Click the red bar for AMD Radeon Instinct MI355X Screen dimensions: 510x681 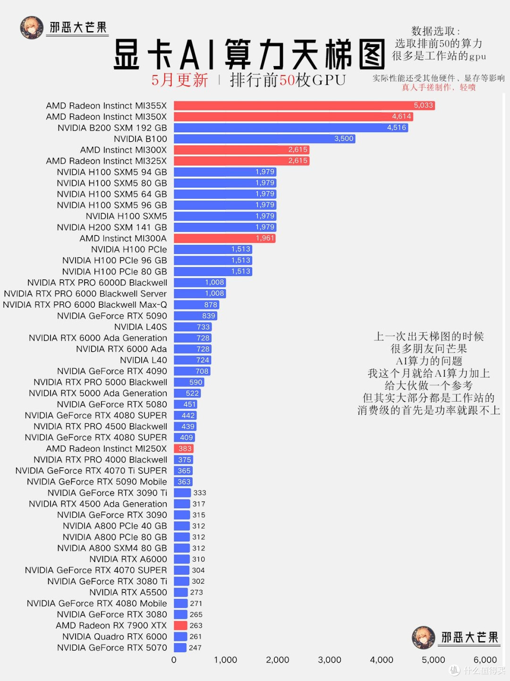tap(304, 106)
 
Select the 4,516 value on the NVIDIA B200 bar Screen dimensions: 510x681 tap(396, 127)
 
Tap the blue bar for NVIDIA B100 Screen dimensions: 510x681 tap(264, 139)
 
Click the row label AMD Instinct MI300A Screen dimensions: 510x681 tap(123, 238)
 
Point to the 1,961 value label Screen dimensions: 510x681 tap(265, 238)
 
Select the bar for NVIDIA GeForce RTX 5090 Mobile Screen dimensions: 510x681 tap(183, 481)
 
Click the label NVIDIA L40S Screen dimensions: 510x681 tap(141, 327)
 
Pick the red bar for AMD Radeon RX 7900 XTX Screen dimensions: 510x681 tap(181, 625)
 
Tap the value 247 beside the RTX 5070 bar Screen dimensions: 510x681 tap(195, 648)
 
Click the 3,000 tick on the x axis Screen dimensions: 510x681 tap(329, 660)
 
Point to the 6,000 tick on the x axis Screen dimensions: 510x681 tap(485, 660)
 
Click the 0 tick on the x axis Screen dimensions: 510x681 tap(174, 660)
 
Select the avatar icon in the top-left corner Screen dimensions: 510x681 tap(32, 28)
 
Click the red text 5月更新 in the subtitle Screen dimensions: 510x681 tap(179, 80)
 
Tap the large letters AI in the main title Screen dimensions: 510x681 tap(198, 54)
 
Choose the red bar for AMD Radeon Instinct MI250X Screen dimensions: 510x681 tap(184, 448)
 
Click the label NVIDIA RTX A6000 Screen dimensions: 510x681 tap(128, 559)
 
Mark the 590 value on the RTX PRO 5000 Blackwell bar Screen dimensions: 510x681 tap(195, 382)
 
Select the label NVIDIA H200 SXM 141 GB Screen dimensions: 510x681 tap(112, 227)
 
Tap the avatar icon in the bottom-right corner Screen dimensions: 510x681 tap(423, 638)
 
